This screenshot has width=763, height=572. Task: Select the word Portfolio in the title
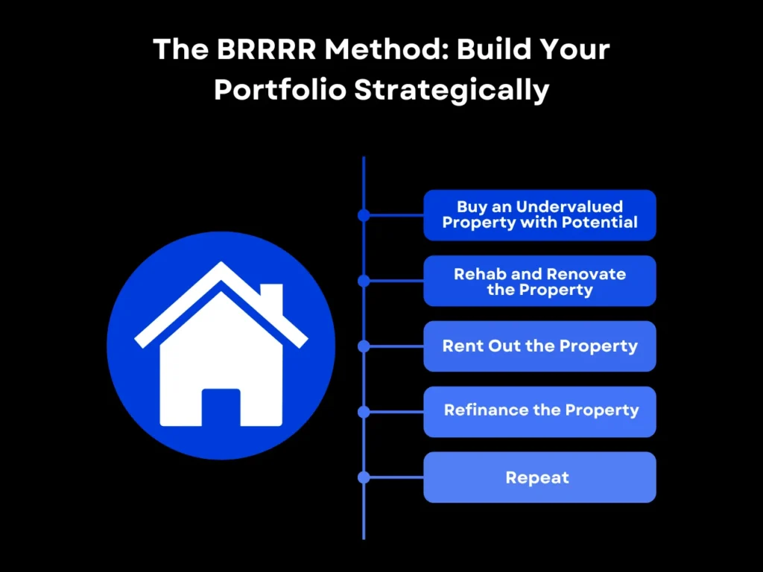(279, 90)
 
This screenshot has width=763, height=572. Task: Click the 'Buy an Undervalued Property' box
(539, 215)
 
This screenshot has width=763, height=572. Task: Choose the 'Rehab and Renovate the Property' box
(539, 281)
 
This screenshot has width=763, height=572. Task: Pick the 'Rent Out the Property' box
(539, 346)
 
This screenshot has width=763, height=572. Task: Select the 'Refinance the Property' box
(539, 411)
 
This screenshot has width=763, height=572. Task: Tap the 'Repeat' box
(539, 477)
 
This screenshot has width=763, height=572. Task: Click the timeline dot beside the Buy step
(364, 215)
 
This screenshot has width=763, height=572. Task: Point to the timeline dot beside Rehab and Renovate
(364, 281)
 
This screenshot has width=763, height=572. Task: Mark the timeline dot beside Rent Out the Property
(364, 346)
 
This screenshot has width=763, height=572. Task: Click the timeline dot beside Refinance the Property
(364, 412)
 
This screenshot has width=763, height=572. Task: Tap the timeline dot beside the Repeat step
(364, 477)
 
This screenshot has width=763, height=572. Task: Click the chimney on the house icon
(271, 298)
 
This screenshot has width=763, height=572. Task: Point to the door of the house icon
(221, 407)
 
